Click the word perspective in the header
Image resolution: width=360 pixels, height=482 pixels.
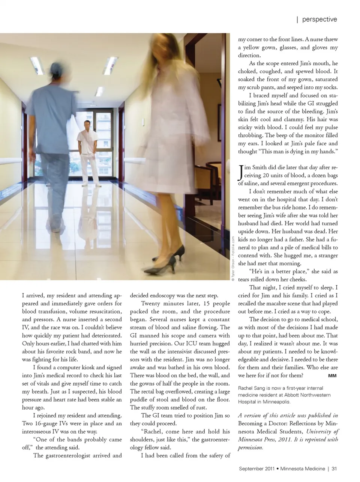(319, 20)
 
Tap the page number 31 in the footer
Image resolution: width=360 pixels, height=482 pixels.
(334, 468)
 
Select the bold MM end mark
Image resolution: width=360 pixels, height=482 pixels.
(332, 376)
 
